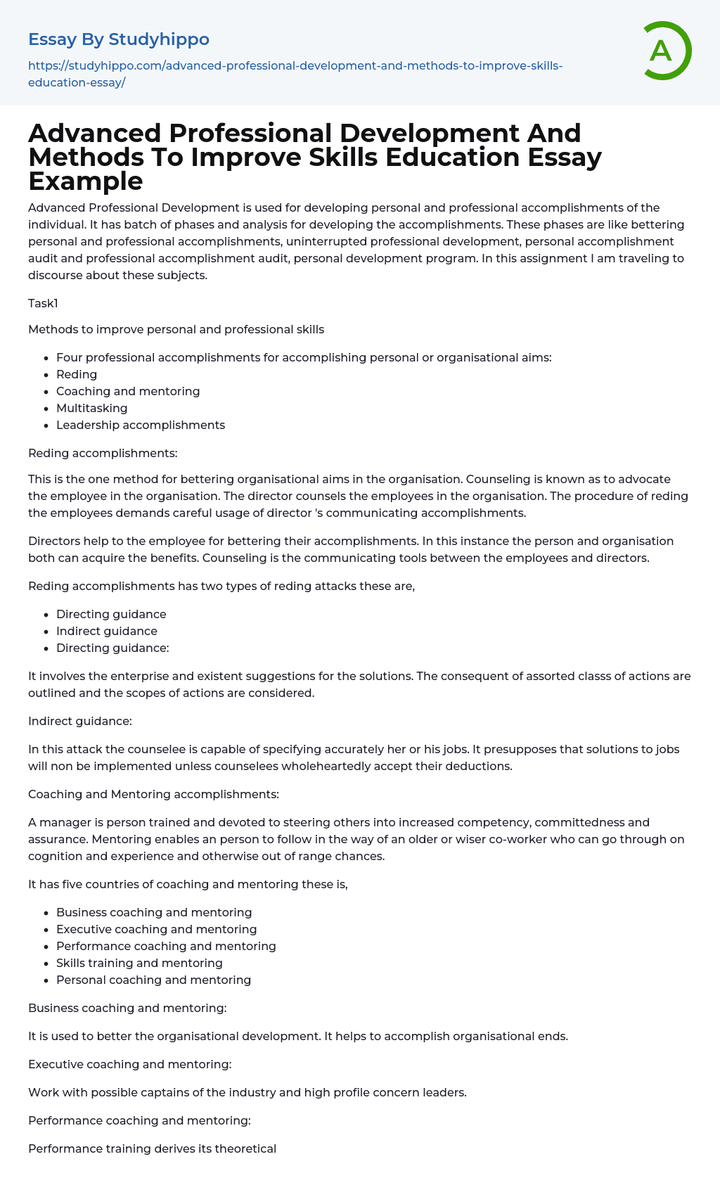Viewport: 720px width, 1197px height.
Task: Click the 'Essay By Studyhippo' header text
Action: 119,39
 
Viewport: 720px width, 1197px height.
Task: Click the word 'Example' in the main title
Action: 86,181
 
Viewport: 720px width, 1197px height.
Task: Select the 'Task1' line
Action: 43,303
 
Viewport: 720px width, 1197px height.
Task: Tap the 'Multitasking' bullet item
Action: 92,408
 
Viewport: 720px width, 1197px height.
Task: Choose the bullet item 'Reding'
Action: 77,374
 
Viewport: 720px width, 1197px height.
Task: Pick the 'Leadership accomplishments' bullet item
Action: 141,425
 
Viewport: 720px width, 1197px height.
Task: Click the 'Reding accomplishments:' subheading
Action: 103,454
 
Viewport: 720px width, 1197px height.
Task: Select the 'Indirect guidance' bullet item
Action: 107,631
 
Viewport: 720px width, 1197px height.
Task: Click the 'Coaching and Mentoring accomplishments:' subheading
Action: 153,794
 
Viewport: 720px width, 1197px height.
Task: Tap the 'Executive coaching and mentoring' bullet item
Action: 157,929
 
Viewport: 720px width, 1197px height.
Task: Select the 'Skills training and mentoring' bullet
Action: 139,963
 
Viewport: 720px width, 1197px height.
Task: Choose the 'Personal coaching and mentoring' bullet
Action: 153,980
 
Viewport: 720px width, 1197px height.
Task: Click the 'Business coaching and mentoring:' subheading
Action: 127,1008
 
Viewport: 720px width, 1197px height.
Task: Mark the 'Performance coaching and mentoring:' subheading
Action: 139,1120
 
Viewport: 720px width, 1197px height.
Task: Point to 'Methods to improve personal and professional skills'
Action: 176,329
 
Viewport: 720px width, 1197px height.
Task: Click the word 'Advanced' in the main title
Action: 94,134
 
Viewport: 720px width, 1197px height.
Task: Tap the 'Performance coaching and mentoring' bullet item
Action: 166,946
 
